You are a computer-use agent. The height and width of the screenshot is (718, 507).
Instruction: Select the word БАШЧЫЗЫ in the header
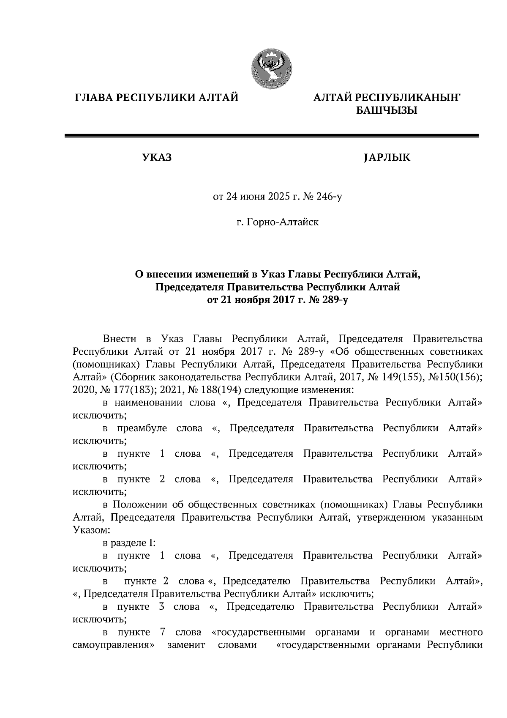pos(387,111)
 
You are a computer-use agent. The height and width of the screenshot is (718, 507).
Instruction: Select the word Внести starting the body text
pos(120,339)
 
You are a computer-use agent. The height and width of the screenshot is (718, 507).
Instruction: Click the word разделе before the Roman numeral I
pos(132,543)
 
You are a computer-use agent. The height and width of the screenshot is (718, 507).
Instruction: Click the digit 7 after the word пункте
pos(162,632)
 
